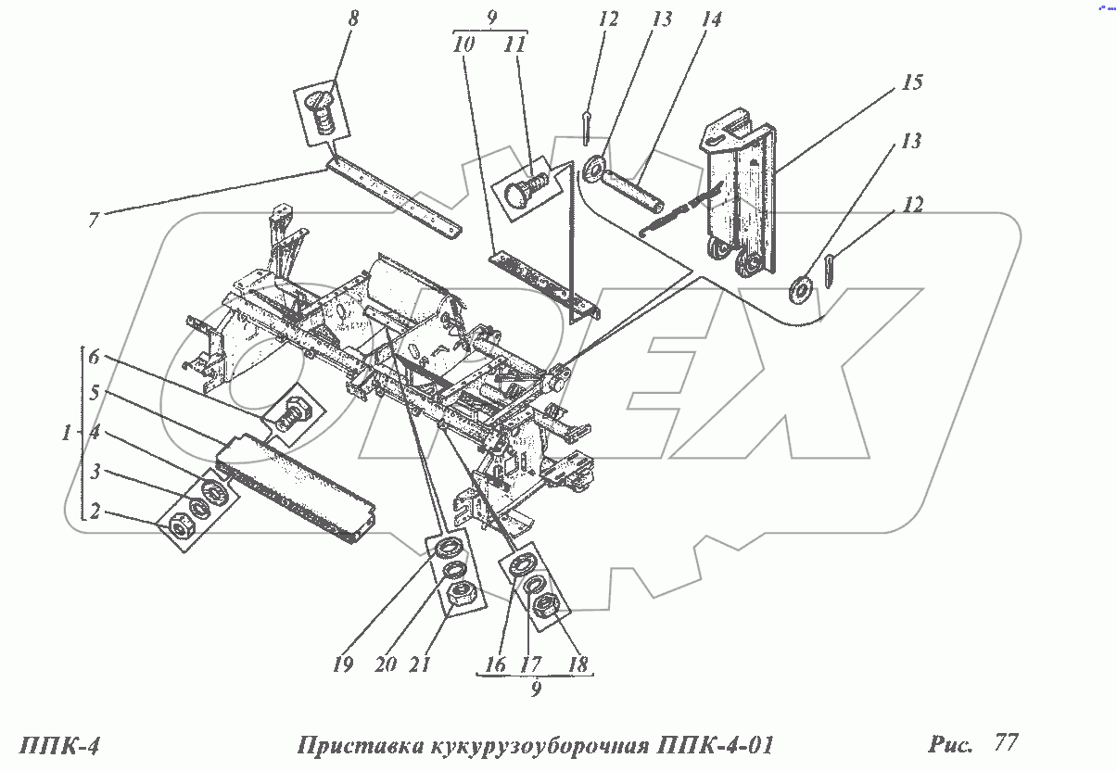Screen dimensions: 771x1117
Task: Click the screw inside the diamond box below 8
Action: point(324,111)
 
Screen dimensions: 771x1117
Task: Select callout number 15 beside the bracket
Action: point(912,83)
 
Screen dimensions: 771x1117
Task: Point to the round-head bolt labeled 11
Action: point(527,188)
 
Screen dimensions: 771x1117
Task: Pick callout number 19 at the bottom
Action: point(343,664)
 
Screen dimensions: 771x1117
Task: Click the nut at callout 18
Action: point(545,607)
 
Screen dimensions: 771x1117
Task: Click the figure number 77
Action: point(1005,743)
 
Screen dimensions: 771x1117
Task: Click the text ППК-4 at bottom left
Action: point(58,746)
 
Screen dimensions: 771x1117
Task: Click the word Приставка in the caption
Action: point(357,747)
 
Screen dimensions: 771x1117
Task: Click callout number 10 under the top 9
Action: point(466,44)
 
